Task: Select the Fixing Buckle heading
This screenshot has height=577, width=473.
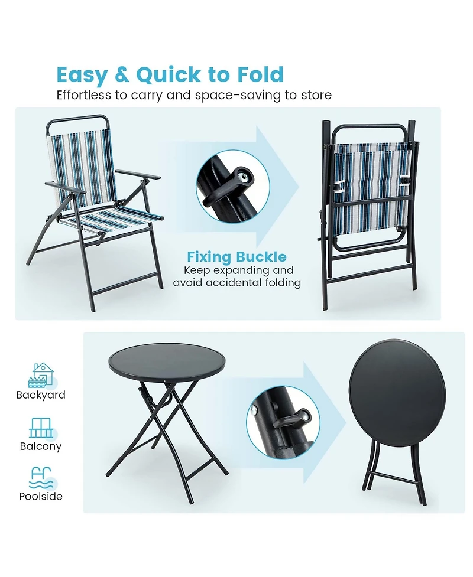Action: click(x=237, y=257)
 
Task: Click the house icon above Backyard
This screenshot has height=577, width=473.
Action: click(x=41, y=375)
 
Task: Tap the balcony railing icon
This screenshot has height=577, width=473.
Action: click(x=40, y=428)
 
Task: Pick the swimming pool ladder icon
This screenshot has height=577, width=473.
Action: click(x=40, y=477)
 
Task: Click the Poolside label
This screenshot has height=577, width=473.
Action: click(x=41, y=497)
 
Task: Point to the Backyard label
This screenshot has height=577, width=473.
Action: click(x=41, y=395)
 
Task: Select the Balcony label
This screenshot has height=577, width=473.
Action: click(x=41, y=446)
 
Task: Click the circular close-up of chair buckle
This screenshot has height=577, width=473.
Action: click(x=232, y=185)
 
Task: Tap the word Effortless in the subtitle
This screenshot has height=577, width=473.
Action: click(x=85, y=95)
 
